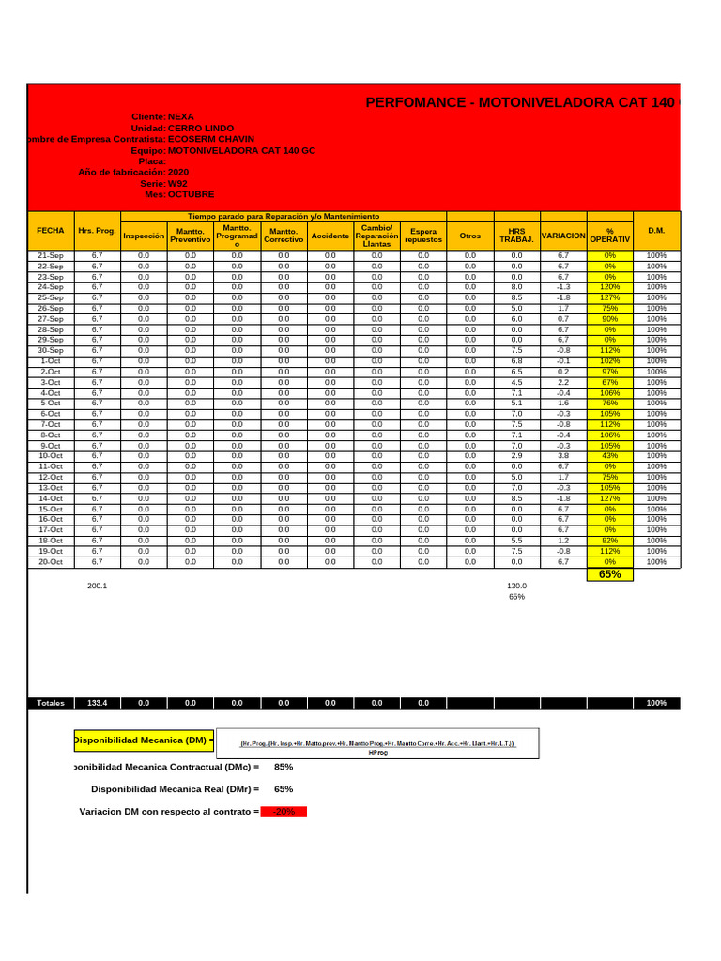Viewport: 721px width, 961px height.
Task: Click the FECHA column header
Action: point(51,230)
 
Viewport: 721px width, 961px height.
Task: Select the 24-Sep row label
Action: point(51,287)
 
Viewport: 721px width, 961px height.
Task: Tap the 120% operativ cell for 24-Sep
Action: point(610,287)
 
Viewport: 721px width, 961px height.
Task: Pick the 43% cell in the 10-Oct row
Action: point(610,455)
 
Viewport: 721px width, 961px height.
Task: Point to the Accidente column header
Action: point(330,236)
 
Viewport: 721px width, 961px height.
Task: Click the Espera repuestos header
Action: point(423,236)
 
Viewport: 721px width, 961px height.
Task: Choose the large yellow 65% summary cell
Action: point(610,574)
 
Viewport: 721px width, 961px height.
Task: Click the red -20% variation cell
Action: point(284,812)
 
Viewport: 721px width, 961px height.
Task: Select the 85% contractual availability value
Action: point(284,767)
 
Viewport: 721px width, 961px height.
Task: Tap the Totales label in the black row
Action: point(51,703)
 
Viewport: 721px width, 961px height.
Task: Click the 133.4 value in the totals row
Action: point(97,703)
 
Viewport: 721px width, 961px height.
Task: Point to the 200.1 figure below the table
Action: point(97,585)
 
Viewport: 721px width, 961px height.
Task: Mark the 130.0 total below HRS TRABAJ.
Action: point(516,585)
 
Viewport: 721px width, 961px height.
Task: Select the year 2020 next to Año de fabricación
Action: point(178,173)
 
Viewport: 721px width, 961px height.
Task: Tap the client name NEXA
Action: point(181,117)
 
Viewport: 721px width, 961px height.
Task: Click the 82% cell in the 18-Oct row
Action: point(610,541)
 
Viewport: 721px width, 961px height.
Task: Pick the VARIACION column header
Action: point(563,236)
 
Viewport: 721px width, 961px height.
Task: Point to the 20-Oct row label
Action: point(51,562)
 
